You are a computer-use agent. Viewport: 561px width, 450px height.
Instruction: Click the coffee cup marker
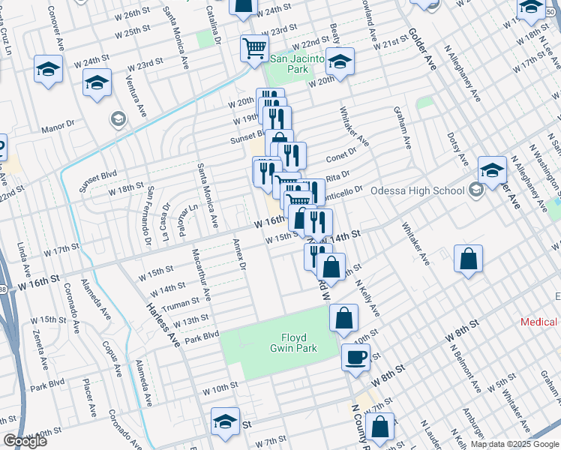(x=355, y=357)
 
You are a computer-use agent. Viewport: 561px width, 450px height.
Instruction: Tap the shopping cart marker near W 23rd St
(x=254, y=48)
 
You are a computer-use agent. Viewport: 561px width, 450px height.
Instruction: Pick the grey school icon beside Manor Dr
(x=118, y=118)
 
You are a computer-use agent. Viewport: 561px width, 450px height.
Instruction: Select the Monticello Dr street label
(x=344, y=190)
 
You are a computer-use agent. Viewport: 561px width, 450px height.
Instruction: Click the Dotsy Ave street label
(x=457, y=150)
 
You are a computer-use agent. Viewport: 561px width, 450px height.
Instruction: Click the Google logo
(x=25, y=442)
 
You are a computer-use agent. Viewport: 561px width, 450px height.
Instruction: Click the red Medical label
(x=539, y=322)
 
